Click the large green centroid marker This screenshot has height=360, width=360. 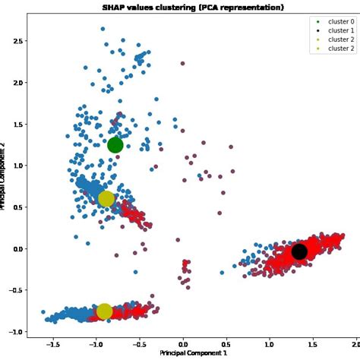coord(115,145)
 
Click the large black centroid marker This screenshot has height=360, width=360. coord(299,251)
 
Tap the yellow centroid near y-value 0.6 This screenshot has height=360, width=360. coord(106,199)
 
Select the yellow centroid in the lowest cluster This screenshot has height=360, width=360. coord(104,311)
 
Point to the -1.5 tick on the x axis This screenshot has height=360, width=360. coord(52,343)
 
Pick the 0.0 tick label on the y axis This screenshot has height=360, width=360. coord(18,248)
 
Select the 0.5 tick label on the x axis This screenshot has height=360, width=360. coord(226,343)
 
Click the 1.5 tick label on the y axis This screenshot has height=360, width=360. coord(18,124)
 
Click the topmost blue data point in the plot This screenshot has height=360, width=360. coord(103,29)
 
